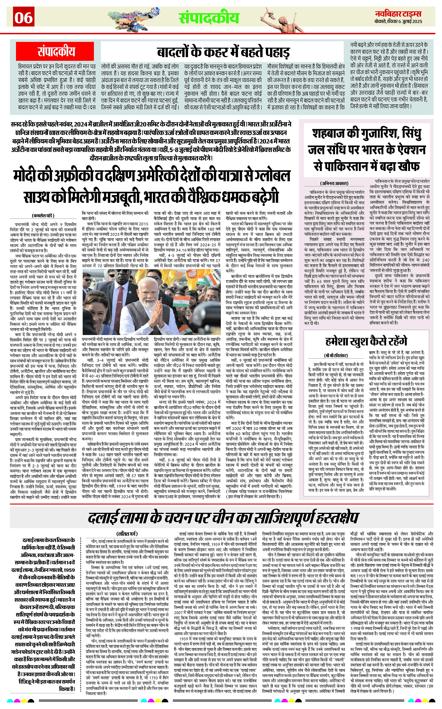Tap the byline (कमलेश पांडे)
pos(43,216)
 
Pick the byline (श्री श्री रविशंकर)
pos(336,355)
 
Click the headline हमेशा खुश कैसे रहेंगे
pos(366,341)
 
